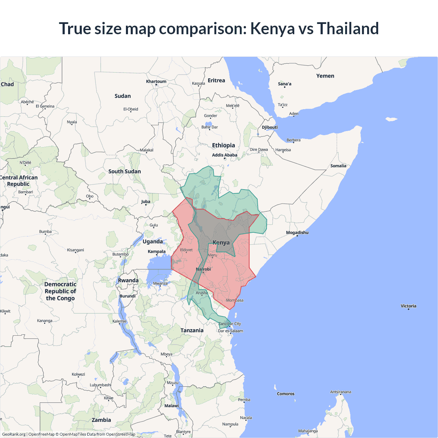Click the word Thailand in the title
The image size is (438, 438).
click(348, 28)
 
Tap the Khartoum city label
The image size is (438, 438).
click(156, 81)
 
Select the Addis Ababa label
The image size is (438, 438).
click(224, 155)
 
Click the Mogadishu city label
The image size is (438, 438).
click(297, 233)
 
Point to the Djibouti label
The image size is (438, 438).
click(270, 127)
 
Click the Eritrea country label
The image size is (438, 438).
click(216, 80)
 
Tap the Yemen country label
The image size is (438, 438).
click(325, 76)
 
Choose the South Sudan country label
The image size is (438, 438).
click(125, 171)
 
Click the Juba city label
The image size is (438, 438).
click(146, 202)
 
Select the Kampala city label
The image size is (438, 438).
click(157, 252)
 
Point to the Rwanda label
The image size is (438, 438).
click(128, 281)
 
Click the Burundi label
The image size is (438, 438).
click(128, 296)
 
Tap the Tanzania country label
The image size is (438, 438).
click(192, 330)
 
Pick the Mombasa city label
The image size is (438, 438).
click(235, 300)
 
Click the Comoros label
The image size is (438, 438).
click(286, 394)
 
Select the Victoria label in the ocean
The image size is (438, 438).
click(409, 306)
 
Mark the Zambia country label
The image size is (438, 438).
click(101, 420)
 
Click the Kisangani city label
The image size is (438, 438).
click(76, 250)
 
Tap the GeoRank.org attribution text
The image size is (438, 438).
click(14, 434)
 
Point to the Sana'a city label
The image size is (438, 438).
click(285, 84)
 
